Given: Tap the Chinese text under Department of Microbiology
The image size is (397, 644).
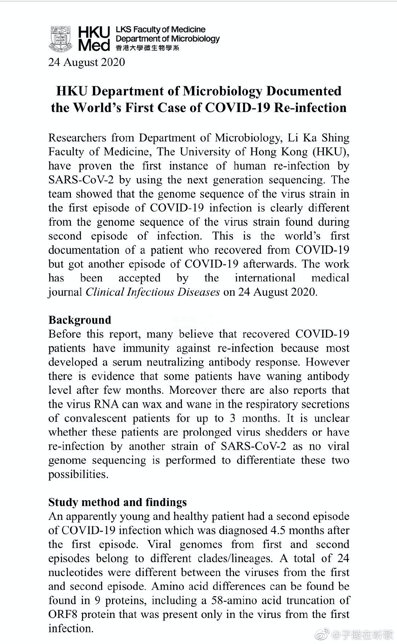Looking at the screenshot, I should pos(147,48).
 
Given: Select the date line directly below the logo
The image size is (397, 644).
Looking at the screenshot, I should pos(86,62).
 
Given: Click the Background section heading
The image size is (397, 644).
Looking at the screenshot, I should pos(79,320).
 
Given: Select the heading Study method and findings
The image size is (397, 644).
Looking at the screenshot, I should pos(117,502).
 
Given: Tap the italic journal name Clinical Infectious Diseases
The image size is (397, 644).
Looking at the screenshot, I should pos(153,292).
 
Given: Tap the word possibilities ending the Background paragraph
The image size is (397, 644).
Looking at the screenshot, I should pos(78,474).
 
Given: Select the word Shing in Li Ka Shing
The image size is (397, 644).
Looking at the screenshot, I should pos(334,138).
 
